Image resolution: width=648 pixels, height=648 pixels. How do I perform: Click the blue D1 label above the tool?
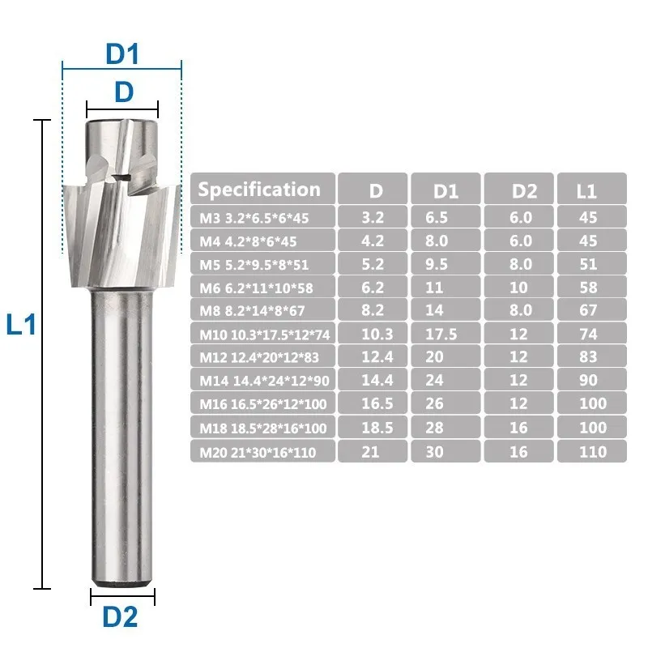click(x=122, y=53)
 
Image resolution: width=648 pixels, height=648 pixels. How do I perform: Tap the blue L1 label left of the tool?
click(x=22, y=325)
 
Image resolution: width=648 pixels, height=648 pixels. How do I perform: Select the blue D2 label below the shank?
click(x=120, y=617)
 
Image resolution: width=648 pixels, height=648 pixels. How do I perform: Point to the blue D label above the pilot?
click(x=124, y=92)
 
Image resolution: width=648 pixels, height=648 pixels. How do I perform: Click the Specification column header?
click(x=259, y=190)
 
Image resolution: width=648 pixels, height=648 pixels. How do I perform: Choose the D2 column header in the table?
click(x=524, y=191)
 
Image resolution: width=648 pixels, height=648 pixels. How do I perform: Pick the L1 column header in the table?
click(x=586, y=191)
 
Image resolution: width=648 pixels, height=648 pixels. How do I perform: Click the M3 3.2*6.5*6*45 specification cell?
click(x=254, y=218)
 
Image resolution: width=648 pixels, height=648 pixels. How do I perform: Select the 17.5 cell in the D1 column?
click(x=441, y=334)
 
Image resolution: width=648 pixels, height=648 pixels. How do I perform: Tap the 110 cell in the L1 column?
click(x=593, y=452)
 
